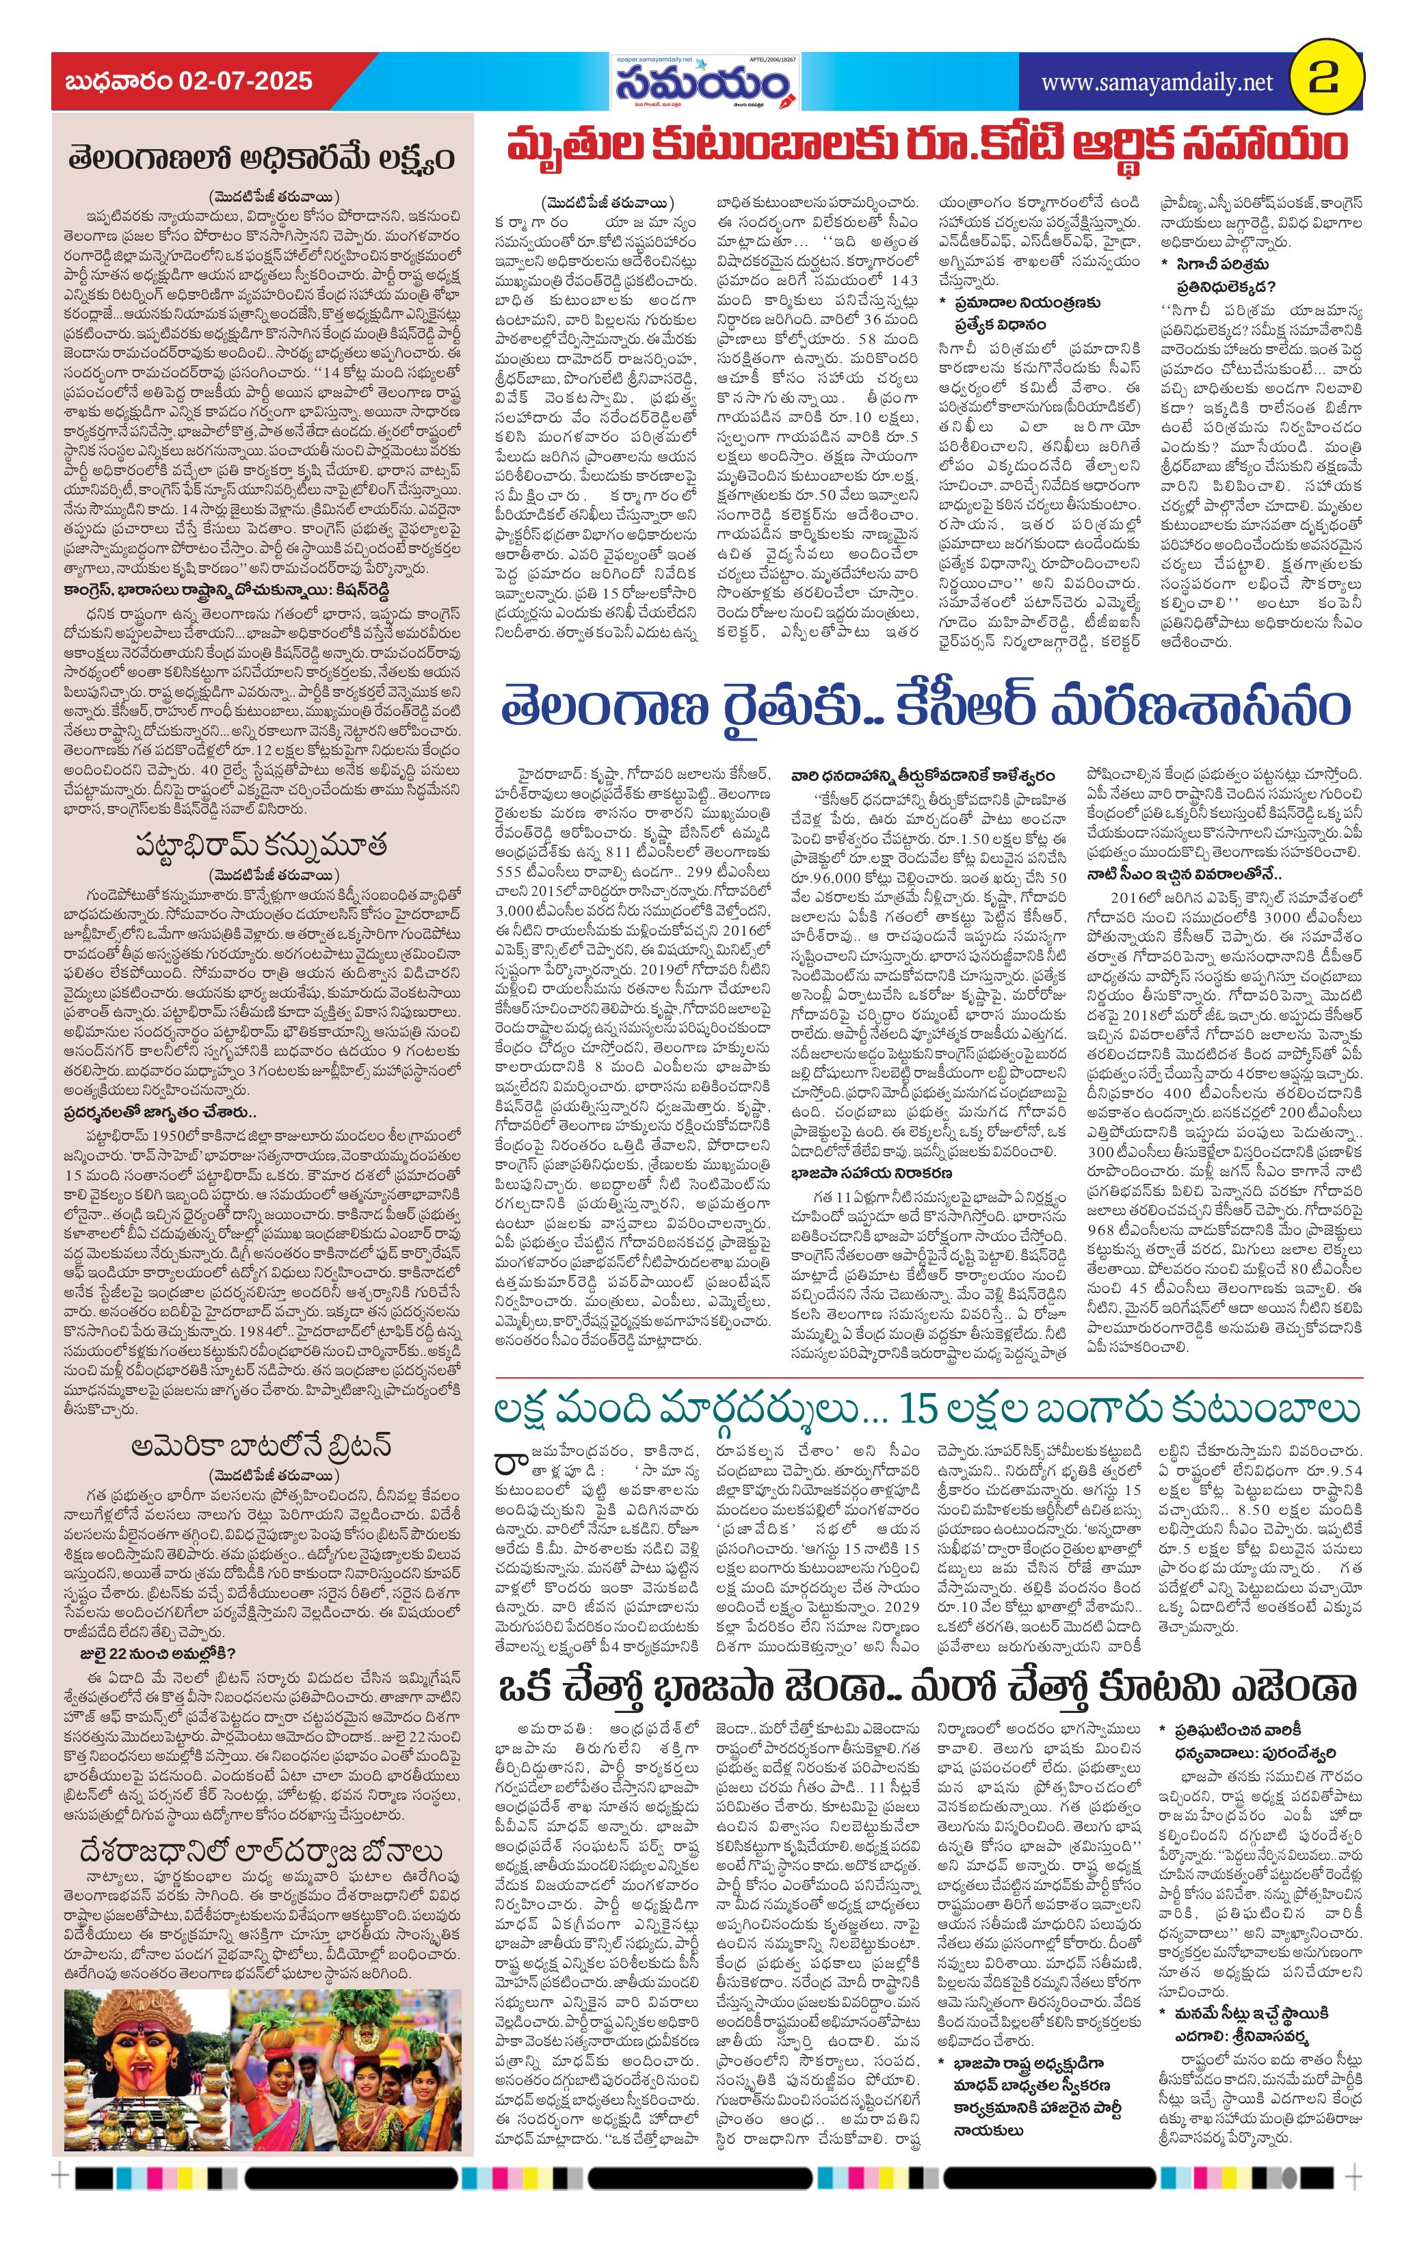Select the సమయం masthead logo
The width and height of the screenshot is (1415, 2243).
[705, 85]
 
